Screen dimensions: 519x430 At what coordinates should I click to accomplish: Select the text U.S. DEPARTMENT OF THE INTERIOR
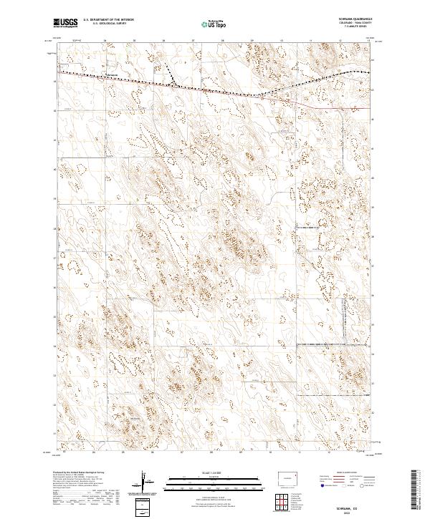pos(108,20)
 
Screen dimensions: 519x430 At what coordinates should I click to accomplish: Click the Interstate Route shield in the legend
pos(322,493)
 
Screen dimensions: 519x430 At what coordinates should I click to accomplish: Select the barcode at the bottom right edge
pos(420,491)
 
